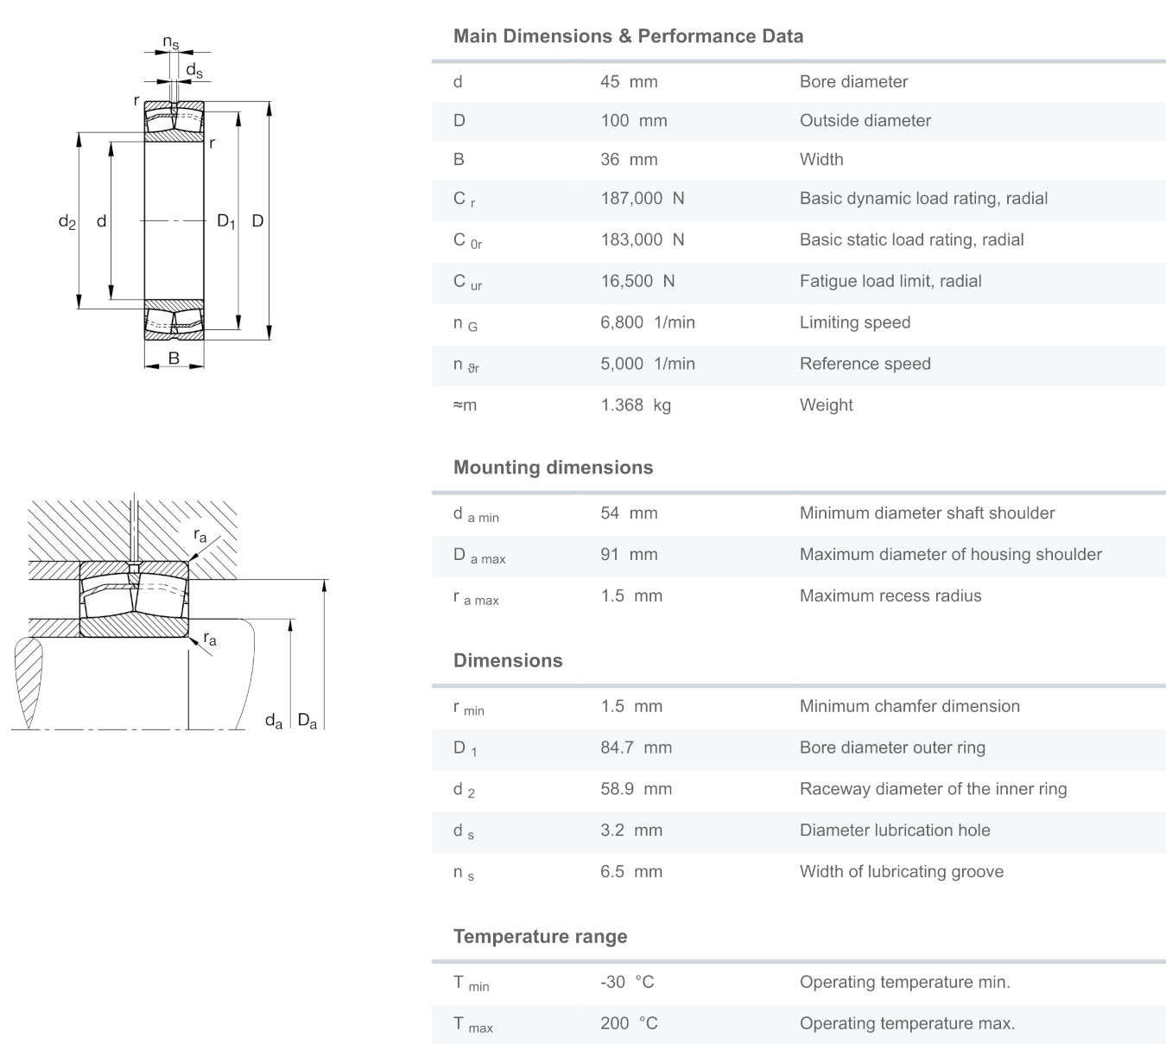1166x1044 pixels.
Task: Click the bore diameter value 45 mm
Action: point(629,82)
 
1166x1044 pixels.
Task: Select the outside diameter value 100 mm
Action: point(634,121)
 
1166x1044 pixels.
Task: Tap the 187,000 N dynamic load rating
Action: point(642,199)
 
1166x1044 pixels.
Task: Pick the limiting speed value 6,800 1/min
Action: point(648,322)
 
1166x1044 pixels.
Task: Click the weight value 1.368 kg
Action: point(636,405)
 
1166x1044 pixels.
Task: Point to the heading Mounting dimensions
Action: point(553,468)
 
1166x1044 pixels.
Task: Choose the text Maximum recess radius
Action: point(890,596)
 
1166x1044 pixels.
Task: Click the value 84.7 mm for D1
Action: point(636,748)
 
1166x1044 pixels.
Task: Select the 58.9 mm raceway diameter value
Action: point(636,789)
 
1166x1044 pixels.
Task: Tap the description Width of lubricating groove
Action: point(901,872)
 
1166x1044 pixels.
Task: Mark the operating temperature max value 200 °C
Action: point(629,1024)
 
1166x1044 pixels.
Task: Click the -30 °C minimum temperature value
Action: point(627,983)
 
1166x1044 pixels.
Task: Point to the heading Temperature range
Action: point(540,937)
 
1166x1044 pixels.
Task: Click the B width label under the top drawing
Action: point(174,358)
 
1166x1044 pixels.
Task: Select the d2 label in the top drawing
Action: point(67,222)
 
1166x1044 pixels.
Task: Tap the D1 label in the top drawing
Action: point(225,222)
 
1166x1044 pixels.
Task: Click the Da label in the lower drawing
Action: point(307,720)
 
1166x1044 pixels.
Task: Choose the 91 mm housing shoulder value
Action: point(629,555)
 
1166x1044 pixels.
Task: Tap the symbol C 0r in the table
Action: point(467,241)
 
